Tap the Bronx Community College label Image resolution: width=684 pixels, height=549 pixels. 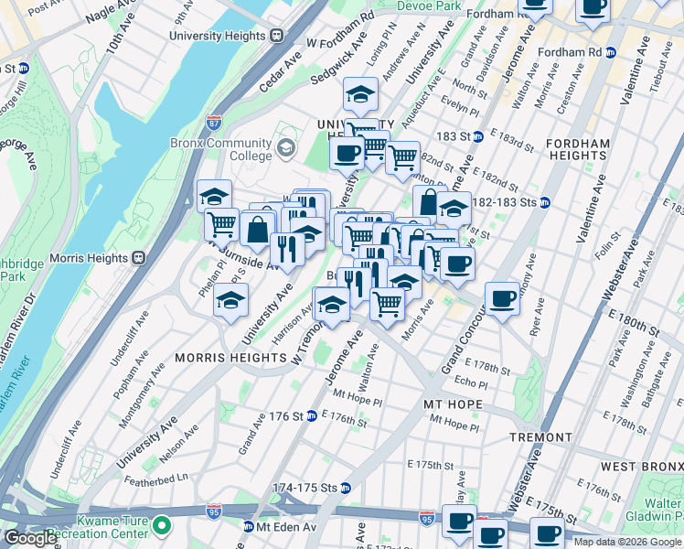click(x=220, y=149)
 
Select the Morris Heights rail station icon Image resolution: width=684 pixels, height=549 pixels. click(x=140, y=258)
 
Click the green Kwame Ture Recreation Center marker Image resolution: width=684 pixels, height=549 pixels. click(x=162, y=526)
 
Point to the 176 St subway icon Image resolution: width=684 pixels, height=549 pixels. click(x=311, y=416)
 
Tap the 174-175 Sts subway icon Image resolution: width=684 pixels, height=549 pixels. click(x=345, y=488)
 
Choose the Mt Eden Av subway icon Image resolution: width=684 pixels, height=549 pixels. click(x=248, y=527)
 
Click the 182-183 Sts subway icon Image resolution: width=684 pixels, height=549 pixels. click(x=545, y=203)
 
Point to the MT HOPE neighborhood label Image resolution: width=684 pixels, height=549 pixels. click(x=452, y=403)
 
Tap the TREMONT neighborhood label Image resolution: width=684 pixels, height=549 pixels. click(x=540, y=437)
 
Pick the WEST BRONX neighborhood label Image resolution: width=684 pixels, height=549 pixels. click(x=645, y=467)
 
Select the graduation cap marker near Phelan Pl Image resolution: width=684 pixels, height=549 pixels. click(x=231, y=300)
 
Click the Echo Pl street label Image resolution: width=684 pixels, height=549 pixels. click(x=472, y=382)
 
